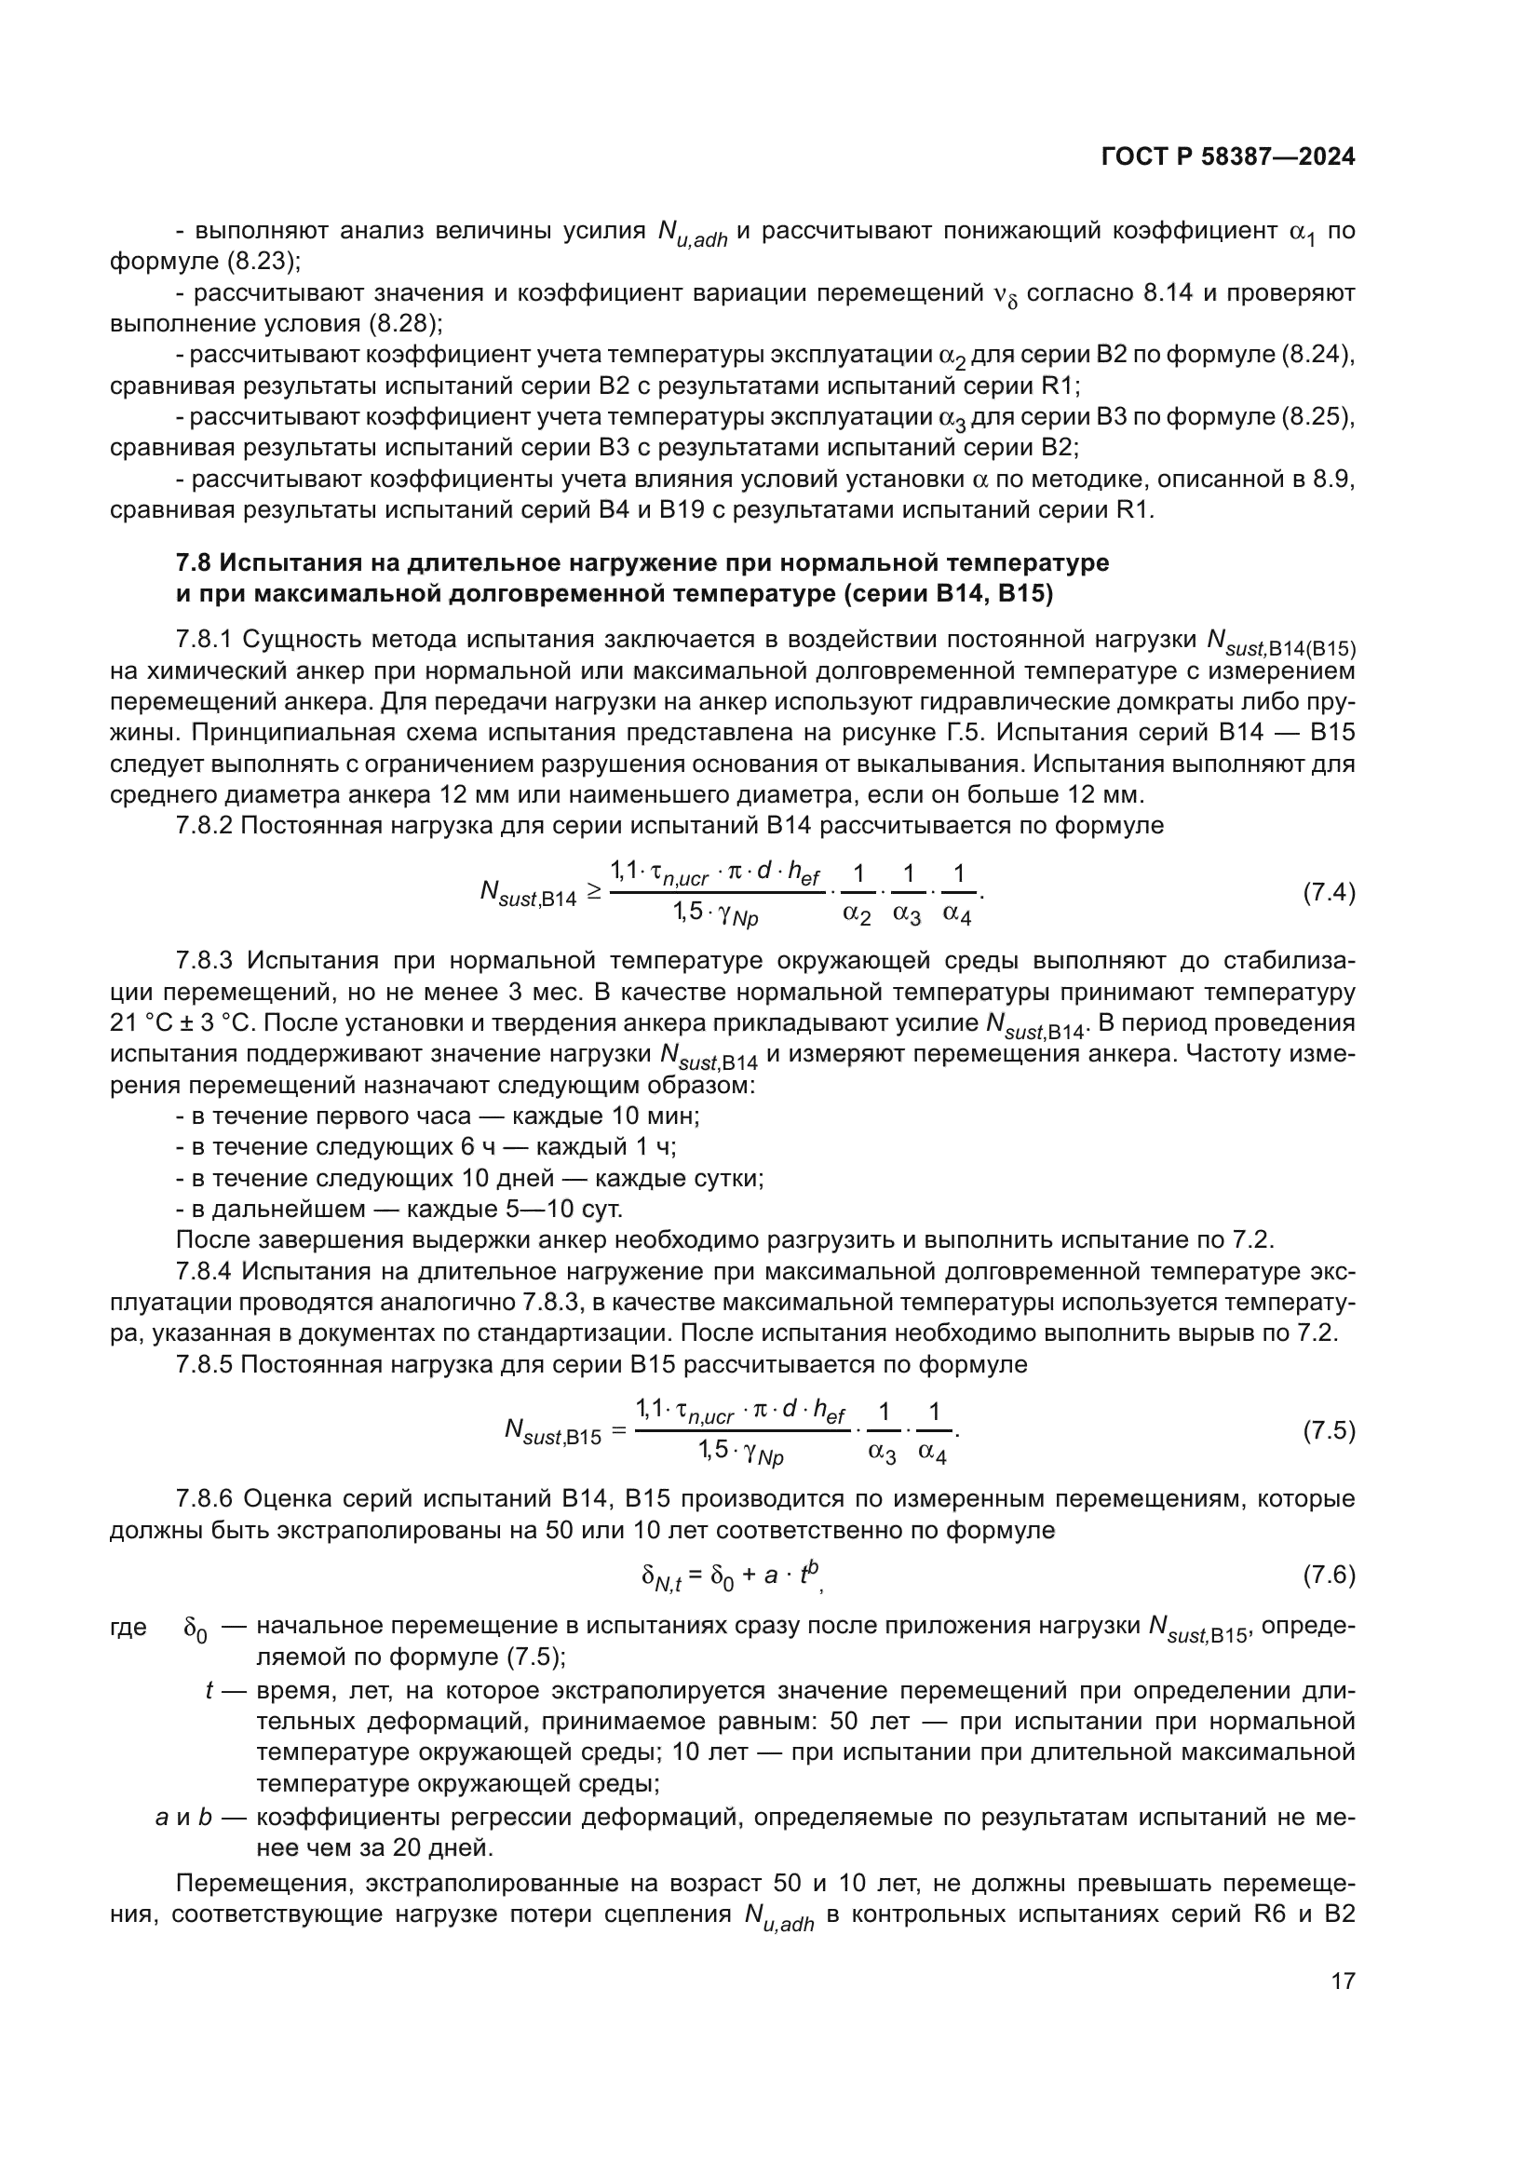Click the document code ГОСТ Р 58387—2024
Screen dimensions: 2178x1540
click(x=1227, y=157)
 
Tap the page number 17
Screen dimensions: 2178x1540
click(x=1343, y=1981)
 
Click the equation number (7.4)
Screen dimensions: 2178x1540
click(x=1329, y=893)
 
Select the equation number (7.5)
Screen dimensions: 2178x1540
click(x=1329, y=1430)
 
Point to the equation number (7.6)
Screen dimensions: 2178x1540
click(x=1329, y=1575)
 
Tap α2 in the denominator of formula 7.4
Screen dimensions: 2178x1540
click(x=858, y=914)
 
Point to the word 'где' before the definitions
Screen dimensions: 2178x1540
click(x=129, y=1628)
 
